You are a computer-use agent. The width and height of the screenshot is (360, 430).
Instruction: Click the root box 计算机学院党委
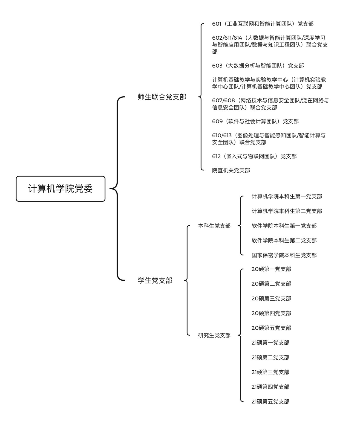[61, 189]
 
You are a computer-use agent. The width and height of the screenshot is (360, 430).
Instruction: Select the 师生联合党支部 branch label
[162, 97]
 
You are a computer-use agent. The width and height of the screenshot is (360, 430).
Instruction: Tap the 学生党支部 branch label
[155, 280]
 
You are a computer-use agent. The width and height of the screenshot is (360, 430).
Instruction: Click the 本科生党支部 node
[214, 226]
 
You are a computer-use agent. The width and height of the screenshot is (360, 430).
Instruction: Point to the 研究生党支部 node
[214, 335]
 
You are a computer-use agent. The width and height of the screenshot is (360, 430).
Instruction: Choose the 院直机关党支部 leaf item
[231, 170]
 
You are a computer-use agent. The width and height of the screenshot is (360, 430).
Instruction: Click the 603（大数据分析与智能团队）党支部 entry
[258, 66]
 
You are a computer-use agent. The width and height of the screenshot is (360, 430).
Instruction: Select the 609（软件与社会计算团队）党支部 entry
[255, 121]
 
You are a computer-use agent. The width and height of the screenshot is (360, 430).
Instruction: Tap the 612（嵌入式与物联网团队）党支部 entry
[254, 156]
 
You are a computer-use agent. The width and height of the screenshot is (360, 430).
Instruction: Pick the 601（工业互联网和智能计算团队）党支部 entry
[263, 24]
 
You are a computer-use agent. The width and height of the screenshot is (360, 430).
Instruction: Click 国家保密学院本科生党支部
[284, 255]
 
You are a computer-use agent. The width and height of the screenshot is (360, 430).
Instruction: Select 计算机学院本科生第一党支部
[287, 196]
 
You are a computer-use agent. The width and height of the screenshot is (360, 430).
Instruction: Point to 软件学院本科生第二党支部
[284, 240]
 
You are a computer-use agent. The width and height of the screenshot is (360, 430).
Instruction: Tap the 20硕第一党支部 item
[271, 269]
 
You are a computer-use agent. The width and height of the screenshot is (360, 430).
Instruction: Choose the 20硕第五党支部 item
[271, 328]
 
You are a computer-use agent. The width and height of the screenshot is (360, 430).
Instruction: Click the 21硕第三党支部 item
[270, 372]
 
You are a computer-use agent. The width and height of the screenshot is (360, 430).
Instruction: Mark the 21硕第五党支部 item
[270, 402]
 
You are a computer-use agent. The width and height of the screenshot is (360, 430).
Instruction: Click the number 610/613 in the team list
[222, 135]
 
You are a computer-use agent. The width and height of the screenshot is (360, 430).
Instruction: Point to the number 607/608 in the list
[223, 100]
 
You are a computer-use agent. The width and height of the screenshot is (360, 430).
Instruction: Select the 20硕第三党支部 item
[271, 298]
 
